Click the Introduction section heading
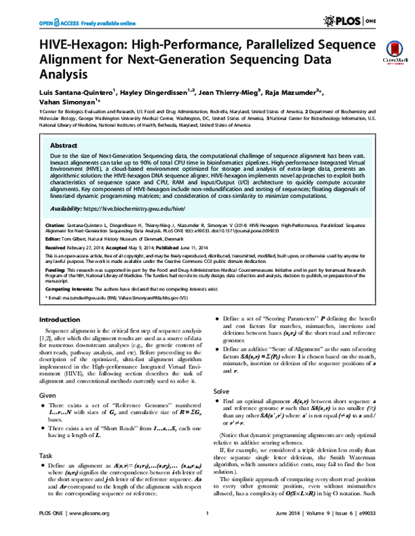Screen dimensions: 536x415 pyautogui.click(x=59, y=320)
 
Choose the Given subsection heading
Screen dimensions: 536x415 pyautogui.click(x=48, y=395)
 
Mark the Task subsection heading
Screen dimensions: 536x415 pyautogui.click(x=46, y=456)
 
